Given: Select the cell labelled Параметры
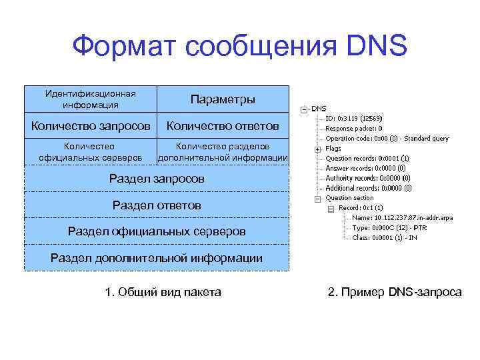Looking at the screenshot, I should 223,99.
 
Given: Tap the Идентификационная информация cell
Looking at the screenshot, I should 90,99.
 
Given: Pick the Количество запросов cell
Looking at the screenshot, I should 90,126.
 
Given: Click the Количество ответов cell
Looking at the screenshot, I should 223,126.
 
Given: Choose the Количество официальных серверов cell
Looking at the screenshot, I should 90,152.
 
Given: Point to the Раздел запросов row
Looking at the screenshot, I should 157,179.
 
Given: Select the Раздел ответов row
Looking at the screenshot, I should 157,205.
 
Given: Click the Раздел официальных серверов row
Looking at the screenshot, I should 157,231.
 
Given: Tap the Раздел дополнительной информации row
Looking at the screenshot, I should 157,258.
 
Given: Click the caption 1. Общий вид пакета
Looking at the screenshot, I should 163,292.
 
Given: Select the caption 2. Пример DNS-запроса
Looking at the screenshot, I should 395,292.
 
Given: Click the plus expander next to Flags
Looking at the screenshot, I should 319,149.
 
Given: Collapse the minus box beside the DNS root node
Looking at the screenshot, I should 304,109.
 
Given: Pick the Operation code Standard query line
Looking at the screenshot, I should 387,139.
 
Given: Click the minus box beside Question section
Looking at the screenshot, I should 319,198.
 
